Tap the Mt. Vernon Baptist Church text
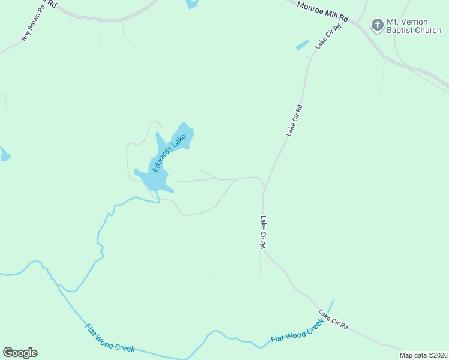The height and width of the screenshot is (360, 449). click(x=414, y=26)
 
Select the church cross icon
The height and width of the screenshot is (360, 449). click(x=377, y=25)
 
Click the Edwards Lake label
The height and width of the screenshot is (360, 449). click(x=168, y=154)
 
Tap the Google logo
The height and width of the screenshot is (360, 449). click(x=20, y=352)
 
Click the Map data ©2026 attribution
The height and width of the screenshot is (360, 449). click(x=424, y=355)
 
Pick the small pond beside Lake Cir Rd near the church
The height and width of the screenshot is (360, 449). click(x=302, y=46)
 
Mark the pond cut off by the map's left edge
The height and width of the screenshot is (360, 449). click(x=4, y=155)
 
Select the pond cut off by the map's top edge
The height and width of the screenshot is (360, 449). click(x=192, y=4)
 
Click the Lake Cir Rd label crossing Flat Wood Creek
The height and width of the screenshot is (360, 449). click(x=333, y=319)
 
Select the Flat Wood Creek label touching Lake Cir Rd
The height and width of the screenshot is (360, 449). click(x=297, y=331)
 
